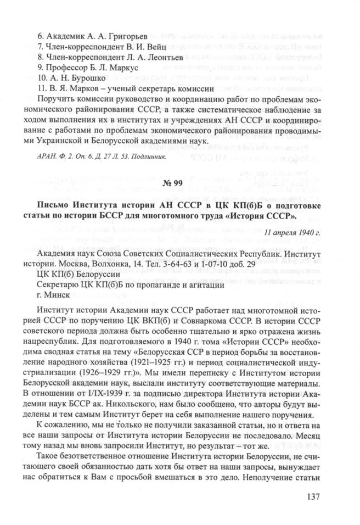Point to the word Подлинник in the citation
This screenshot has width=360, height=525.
tap(148, 154)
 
